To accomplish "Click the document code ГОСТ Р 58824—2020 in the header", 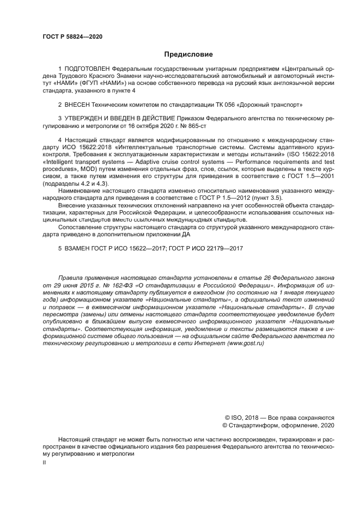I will [x=72, y=36].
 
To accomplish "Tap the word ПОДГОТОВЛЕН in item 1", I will [x=83, y=69].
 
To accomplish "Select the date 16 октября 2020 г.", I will [x=147, y=125].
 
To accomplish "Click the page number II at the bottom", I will [x=44, y=461].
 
